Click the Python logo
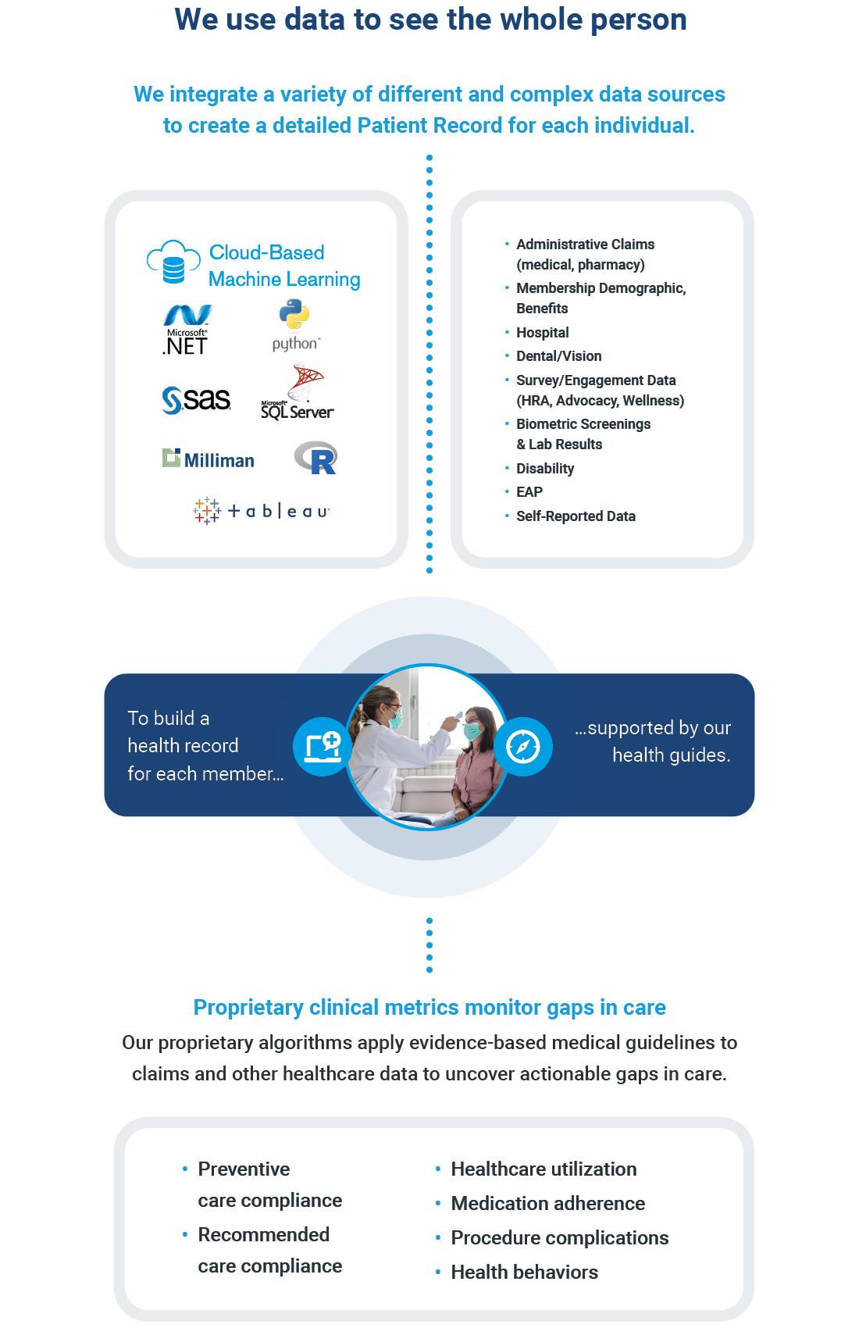click(x=295, y=327)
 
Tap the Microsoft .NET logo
click(x=187, y=330)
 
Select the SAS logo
click(x=196, y=400)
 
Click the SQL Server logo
click(x=298, y=393)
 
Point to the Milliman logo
click(x=209, y=459)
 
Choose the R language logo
click(x=315, y=459)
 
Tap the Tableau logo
click(x=262, y=511)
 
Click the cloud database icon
click(x=173, y=262)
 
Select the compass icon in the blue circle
click(x=523, y=746)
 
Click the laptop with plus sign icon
click(x=323, y=746)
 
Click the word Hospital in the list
click(x=543, y=333)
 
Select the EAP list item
click(x=529, y=492)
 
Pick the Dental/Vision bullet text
click(x=558, y=356)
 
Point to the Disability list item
click(x=545, y=469)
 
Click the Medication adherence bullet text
click(x=547, y=1204)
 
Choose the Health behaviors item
click(x=524, y=1273)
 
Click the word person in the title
click(x=638, y=20)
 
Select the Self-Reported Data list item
click(x=576, y=516)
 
